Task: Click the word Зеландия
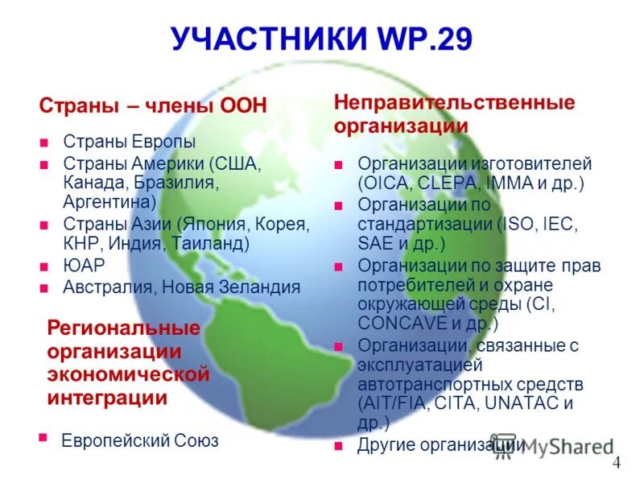click(260, 287)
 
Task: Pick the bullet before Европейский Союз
click(43, 437)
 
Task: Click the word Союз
click(196, 441)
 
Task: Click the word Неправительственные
click(454, 103)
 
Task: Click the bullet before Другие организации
click(341, 444)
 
